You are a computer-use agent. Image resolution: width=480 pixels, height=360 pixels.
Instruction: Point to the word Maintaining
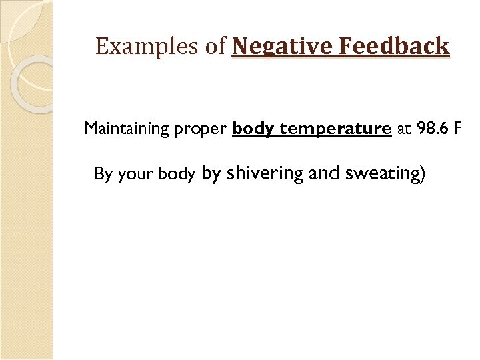pos(127,129)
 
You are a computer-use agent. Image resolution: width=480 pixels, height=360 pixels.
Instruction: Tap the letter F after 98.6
pos(457,128)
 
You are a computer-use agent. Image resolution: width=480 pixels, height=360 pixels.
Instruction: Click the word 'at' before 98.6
pos(404,129)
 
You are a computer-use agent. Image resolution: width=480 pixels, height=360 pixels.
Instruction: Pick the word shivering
pos(265,174)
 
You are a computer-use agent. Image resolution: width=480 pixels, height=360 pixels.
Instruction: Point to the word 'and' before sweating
pos(325,173)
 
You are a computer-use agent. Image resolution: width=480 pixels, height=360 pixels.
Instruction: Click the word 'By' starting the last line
pos(103,175)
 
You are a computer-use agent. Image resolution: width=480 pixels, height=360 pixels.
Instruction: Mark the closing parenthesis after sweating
pos(421,174)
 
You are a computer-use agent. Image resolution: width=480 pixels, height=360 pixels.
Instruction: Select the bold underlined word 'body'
pos(254,129)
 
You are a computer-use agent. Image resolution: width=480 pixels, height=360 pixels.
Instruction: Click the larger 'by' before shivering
pos(211,174)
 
